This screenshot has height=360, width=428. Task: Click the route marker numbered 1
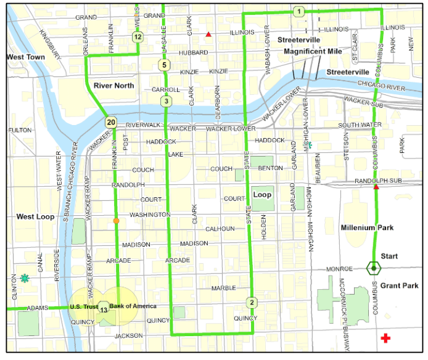298,11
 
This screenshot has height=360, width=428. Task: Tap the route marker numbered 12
137,37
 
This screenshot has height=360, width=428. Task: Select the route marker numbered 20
110,122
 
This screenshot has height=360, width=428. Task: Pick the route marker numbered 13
104,309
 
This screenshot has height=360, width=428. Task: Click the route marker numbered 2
252,302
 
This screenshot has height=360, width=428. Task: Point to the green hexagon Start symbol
374,268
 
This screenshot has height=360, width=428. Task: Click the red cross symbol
386,338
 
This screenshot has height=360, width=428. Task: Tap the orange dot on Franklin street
116,220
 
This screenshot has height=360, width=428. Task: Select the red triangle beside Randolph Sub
376,187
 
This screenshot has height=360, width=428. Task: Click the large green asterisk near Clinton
25,278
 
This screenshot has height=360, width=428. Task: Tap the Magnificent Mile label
308,51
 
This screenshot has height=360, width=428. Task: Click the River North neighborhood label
113,86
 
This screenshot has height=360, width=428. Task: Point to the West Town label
26,57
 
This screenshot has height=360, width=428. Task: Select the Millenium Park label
367,227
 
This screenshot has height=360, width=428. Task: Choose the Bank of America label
133,306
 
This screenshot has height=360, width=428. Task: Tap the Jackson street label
129,336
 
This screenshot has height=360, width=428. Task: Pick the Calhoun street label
220,229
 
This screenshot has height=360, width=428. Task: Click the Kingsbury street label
50,44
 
